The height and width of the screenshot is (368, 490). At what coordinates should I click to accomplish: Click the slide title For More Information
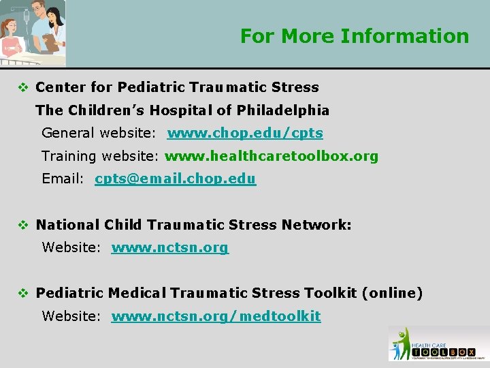click(355, 35)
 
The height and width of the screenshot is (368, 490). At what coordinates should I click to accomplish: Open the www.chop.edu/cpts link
click(245, 134)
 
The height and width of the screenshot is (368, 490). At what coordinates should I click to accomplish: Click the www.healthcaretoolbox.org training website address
click(272, 157)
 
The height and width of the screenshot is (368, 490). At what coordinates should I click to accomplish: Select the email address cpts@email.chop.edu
click(175, 179)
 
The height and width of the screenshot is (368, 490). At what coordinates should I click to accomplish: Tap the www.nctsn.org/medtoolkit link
click(216, 316)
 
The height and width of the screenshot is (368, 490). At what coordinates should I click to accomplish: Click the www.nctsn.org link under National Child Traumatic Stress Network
click(169, 248)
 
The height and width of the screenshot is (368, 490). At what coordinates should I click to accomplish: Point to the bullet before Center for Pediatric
click(23, 87)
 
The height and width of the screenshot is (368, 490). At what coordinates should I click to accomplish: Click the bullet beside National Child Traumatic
click(23, 225)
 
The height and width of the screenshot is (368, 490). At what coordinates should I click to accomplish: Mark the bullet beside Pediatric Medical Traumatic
click(23, 294)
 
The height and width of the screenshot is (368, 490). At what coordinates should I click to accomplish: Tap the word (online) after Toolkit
click(392, 294)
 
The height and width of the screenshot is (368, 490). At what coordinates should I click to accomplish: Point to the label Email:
click(63, 179)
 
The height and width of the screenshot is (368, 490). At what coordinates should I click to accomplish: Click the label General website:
click(99, 134)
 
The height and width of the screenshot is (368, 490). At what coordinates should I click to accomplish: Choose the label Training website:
click(100, 157)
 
